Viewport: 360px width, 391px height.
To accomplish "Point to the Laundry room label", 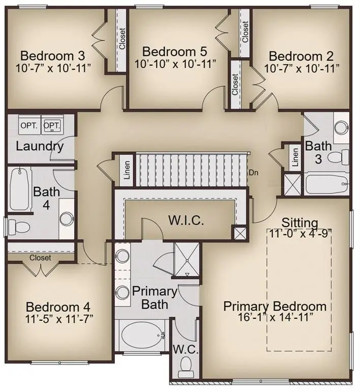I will point(40,147).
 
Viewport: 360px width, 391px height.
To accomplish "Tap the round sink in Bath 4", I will point(67,219).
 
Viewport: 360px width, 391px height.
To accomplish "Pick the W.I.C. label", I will point(186,221).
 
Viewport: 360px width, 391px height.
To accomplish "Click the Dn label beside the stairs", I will point(253,172).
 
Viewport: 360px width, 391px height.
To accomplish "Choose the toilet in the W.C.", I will point(186,365).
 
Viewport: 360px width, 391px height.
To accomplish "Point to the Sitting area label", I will point(300,222).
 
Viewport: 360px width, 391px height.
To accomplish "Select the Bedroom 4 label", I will point(58,308).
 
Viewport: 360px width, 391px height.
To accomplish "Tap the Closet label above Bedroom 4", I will point(40,258).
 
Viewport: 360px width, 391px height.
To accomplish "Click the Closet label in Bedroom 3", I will point(122,38).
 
